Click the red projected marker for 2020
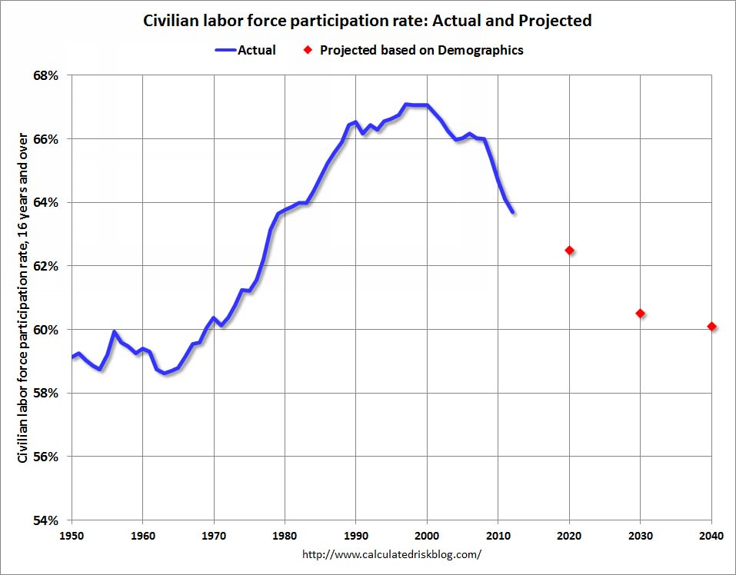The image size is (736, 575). (569, 251)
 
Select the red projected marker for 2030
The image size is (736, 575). (640, 314)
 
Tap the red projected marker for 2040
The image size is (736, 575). (711, 327)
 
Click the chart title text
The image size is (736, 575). (368, 21)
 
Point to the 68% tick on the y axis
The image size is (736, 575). (48, 75)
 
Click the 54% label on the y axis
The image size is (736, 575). (48, 520)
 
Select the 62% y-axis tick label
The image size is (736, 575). (48, 266)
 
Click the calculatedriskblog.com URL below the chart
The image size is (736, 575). (391, 553)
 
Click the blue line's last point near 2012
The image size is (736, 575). (512, 212)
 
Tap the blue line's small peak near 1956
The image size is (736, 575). (114, 332)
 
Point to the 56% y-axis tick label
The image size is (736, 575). (48, 457)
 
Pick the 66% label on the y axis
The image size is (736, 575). (48, 139)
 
